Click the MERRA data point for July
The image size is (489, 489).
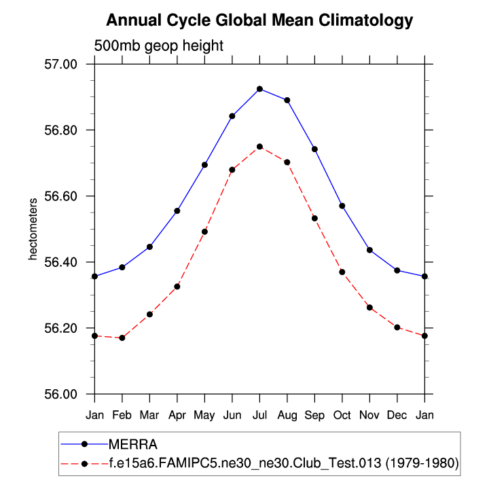coord(259,89)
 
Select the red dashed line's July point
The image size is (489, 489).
coord(259,147)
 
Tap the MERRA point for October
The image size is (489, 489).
coord(342,206)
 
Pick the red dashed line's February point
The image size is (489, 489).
coord(122,338)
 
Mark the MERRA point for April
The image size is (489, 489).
coord(177,211)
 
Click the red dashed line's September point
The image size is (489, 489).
coord(314,218)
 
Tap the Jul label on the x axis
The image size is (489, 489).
coord(259,413)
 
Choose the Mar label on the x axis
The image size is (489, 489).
coord(149,413)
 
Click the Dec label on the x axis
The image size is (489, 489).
coord(397,413)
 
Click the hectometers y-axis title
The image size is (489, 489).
coord(31,229)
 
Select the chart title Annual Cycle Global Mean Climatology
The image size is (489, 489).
coord(259,20)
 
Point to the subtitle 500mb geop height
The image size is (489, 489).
coord(158,46)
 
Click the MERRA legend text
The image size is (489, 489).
coord(132,445)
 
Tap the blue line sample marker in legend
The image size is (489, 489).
coord(84,445)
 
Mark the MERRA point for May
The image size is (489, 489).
coord(204,165)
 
